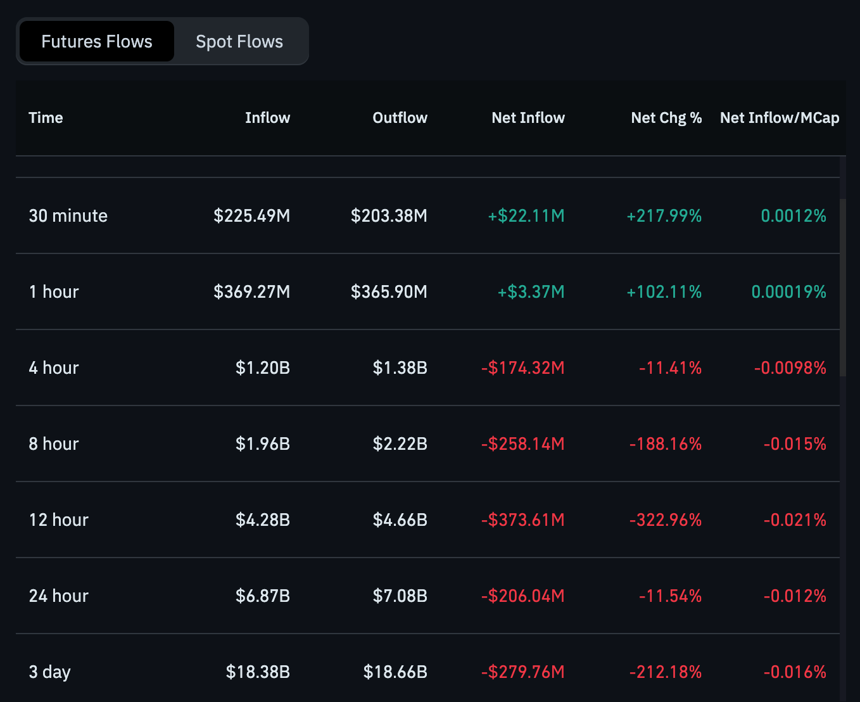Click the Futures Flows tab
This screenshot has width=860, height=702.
pos(97,42)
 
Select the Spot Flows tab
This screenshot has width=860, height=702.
pos(239,42)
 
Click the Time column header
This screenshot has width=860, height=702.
pos(46,118)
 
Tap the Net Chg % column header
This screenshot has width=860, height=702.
pos(666,118)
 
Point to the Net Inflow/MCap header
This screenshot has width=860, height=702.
pos(780,118)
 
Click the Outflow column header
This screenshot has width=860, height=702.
pos(400,118)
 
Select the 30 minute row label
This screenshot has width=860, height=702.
pos(68,216)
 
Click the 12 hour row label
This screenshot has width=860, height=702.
pos(59,520)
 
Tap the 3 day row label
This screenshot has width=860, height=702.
pos(50,672)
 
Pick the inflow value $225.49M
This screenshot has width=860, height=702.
pos(252,216)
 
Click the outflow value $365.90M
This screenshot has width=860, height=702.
pos(389,292)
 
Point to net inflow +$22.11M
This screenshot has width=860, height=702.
pos(526,216)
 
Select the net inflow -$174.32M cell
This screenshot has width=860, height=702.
pos(523,368)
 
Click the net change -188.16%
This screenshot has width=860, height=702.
pos(666,444)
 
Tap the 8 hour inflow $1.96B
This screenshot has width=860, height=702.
pos(263,444)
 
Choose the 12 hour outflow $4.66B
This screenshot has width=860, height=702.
pos(400,520)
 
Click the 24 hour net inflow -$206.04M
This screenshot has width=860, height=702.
pos(523,596)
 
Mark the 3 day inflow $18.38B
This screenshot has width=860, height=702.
pos(258,672)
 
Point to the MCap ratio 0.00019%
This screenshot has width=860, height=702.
pos(788,292)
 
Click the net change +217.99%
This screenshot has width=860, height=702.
pos(664,216)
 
